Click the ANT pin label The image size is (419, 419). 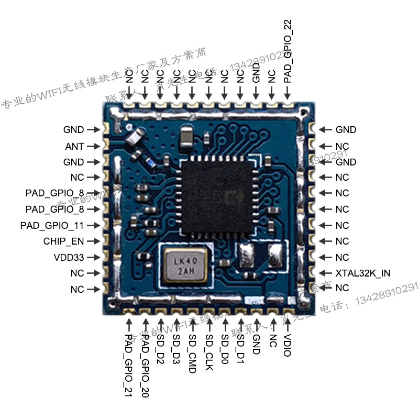[74, 146]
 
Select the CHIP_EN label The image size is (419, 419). [64, 241]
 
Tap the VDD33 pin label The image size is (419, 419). [70, 258]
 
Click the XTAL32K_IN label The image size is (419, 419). [362, 273]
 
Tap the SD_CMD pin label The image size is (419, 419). [192, 354]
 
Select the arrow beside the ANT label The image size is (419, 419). [93, 146]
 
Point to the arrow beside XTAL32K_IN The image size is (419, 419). [325, 273]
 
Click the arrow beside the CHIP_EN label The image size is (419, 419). [93, 241]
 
